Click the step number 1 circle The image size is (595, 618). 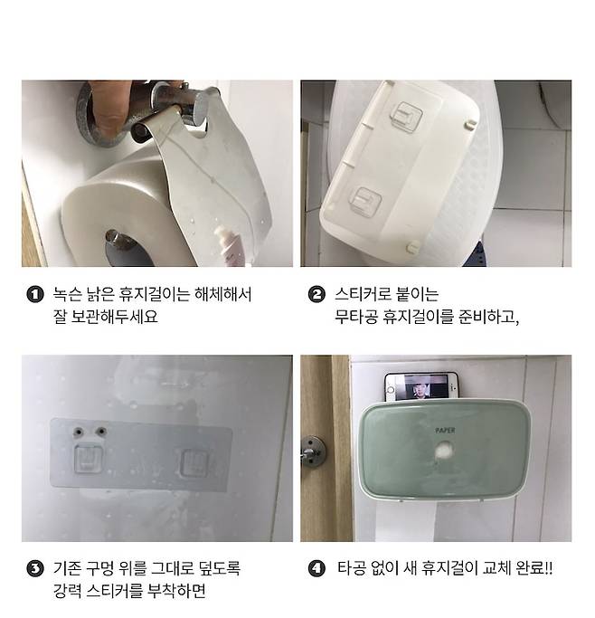click(35, 294)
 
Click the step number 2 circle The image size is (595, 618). click(316, 294)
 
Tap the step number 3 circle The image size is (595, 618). click(35, 569)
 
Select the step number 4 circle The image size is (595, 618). click(316, 569)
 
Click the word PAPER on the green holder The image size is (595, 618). click(445, 430)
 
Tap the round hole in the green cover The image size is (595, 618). click(445, 450)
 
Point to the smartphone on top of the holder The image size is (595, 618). click(421, 386)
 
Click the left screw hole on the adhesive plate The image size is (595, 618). click(79, 432)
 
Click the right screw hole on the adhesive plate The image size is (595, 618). click(101, 432)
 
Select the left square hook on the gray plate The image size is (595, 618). click(89, 459)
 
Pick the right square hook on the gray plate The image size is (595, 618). click(194, 462)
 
